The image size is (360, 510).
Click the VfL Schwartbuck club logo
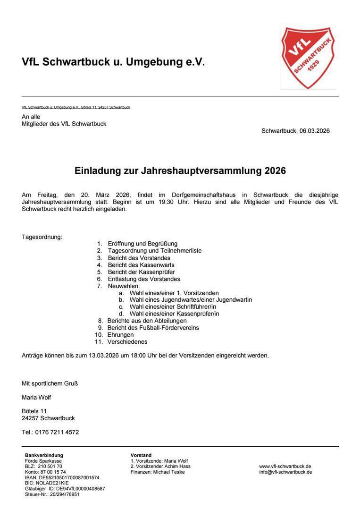point(308,57)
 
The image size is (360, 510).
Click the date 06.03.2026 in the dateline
point(314,131)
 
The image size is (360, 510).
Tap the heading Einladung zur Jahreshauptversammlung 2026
point(180,171)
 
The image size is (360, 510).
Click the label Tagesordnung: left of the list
point(42,237)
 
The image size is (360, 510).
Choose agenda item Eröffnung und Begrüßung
point(142,244)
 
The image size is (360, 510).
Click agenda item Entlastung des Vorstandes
point(144,279)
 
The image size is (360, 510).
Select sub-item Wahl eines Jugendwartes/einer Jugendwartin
point(191,300)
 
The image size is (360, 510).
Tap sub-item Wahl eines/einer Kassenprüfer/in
point(174,314)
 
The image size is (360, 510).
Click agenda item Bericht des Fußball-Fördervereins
point(153,328)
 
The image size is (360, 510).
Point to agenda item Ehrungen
point(120,335)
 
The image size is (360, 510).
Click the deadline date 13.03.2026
point(103,356)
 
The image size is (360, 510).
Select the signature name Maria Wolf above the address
point(36,397)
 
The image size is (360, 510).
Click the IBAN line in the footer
point(62,477)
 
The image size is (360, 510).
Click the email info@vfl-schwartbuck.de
point(285,472)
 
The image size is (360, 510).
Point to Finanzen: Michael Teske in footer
point(158,472)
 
